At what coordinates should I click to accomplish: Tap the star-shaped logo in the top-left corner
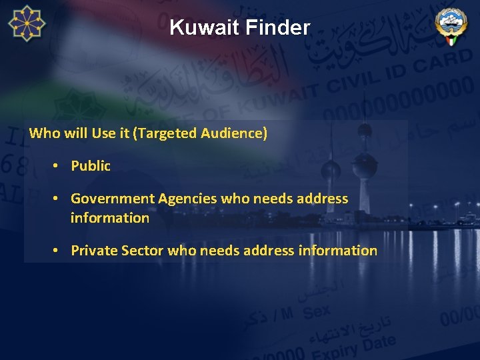pos(27,23)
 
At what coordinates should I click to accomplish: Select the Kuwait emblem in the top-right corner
pos(451,26)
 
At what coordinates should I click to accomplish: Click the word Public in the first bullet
pos(91,166)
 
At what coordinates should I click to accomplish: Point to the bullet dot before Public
pos(58,166)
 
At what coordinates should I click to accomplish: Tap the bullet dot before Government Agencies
pos(58,199)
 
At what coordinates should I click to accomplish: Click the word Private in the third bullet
pos(94,251)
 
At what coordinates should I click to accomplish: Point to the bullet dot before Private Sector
pos(58,251)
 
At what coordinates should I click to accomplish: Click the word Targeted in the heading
pos(163,133)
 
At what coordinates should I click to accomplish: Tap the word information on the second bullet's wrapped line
pos(110,218)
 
